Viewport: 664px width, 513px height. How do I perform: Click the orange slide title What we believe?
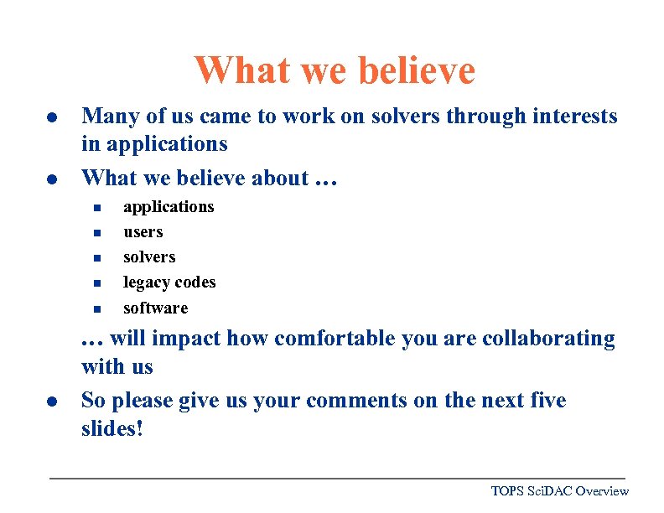(x=335, y=70)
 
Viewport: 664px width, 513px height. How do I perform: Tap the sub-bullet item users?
(x=143, y=232)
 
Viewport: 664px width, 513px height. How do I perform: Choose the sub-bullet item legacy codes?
(x=169, y=282)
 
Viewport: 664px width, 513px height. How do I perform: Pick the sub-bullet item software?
(x=155, y=308)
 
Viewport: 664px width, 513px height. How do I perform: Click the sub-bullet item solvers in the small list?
(x=149, y=257)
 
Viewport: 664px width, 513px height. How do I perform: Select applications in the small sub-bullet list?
(x=169, y=207)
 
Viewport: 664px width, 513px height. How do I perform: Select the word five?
(x=547, y=401)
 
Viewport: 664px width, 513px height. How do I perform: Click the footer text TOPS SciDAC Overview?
(x=559, y=490)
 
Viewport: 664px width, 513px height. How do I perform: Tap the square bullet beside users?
(x=96, y=233)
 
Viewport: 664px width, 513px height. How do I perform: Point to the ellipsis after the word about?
(x=326, y=179)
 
